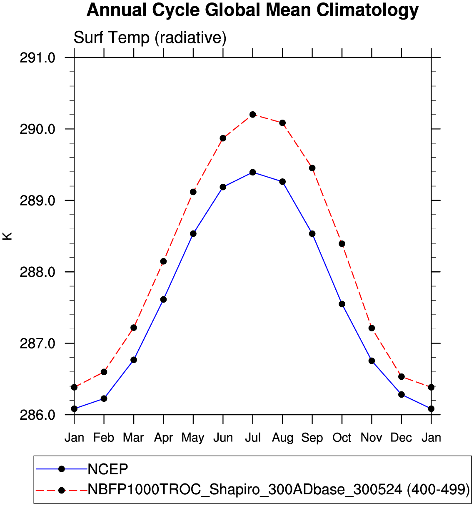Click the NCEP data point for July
pos(253,172)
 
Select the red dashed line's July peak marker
pos(253,114)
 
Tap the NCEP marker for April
pos(163,299)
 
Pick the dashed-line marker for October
pos(342,244)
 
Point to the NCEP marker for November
pos(372,361)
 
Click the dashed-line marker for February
pos(104,372)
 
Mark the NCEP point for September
pos(312,233)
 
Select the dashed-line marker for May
pos(193,192)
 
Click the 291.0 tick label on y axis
pos(37,58)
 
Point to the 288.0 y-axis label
pos(37,272)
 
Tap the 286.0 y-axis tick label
pos(37,415)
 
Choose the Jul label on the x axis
pos(253,438)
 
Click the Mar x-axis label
pos(133,438)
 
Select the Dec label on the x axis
pos(401,438)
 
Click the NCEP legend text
pos(108,469)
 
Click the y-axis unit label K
pos(7,236)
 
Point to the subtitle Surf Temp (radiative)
pos(150,38)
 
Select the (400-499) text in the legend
pos(438,489)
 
